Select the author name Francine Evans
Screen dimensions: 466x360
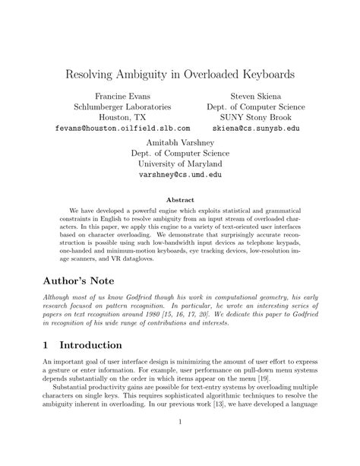(122, 96)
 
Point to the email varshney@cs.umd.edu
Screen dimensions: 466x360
(180, 174)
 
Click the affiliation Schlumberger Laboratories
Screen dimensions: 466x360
(122, 107)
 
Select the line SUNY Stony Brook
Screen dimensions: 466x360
(255, 118)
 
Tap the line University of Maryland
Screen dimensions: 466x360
(180, 163)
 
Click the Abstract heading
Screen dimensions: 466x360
(180, 201)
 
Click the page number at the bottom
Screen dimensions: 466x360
(180, 444)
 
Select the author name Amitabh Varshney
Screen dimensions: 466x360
(180, 141)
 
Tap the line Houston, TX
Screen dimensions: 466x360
(122, 118)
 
